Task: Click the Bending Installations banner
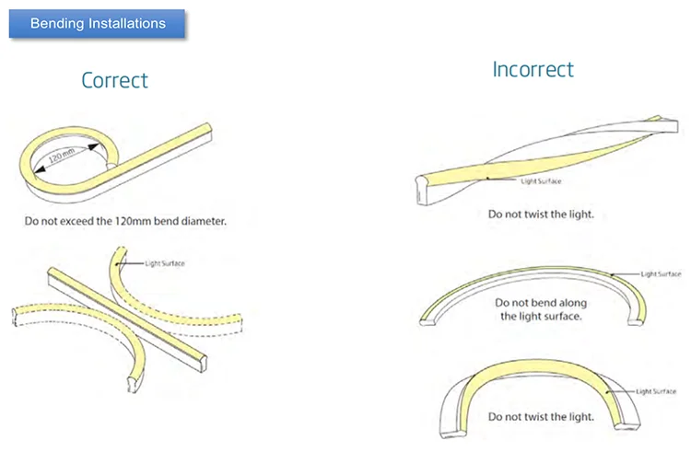click(98, 23)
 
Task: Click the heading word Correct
click(114, 80)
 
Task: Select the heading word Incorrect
click(533, 70)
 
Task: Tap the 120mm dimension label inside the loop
click(65, 155)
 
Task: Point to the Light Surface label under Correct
click(166, 264)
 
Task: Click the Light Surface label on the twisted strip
click(541, 181)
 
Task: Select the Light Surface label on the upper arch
click(662, 273)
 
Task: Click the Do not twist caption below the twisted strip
click(541, 214)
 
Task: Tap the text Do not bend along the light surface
click(541, 309)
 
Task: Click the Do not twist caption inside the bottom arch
click(541, 416)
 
